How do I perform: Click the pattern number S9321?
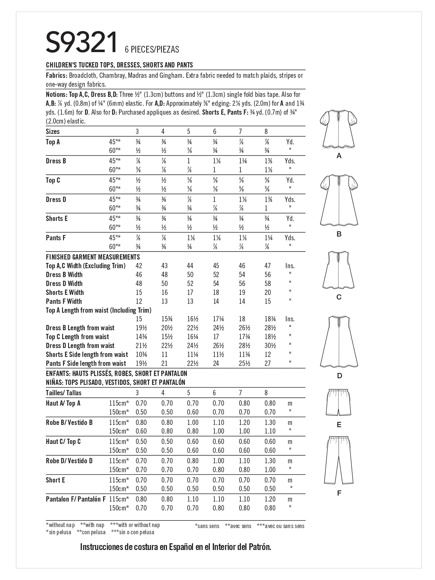pos(82,43)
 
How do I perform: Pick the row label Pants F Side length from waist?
pos(86,363)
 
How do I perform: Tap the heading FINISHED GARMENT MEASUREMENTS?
pos(93,257)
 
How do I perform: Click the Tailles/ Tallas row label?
pos(63,393)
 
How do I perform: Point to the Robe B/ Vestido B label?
pos(69,422)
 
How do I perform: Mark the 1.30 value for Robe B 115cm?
pos(270,422)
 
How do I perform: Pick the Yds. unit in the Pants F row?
pos(290,238)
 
